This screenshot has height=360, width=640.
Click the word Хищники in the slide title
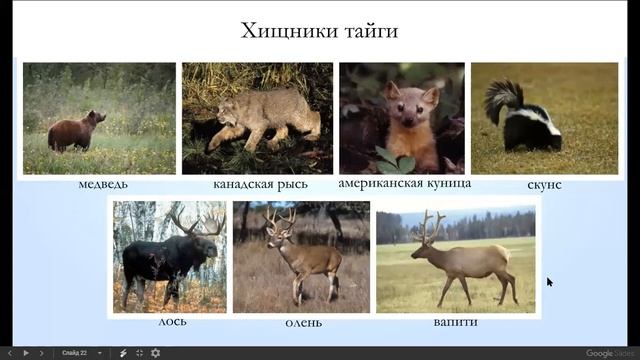click(x=284, y=31)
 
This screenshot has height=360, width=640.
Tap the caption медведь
click(x=102, y=185)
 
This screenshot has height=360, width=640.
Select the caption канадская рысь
click(x=260, y=185)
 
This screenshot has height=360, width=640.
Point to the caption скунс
click(x=544, y=185)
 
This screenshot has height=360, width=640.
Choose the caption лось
click(x=173, y=322)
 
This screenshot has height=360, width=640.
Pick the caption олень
click(x=302, y=322)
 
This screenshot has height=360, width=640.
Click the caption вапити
click(x=456, y=322)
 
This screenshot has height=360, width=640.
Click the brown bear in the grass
click(x=75, y=133)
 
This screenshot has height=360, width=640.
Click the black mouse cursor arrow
click(x=549, y=282)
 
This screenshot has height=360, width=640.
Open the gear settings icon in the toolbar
click(x=155, y=352)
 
